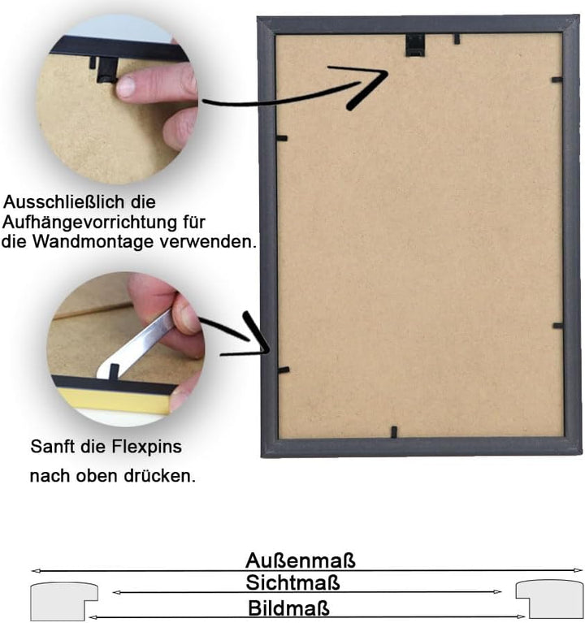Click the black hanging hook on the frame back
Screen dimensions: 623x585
(x=415, y=45)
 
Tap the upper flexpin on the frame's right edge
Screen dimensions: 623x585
(x=557, y=80)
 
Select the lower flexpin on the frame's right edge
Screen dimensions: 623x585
(x=557, y=326)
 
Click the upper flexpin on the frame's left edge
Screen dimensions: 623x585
(x=282, y=138)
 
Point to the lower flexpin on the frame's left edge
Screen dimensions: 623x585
(x=283, y=370)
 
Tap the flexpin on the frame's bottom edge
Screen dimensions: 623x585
(x=393, y=432)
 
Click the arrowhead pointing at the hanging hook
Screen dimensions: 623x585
(x=370, y=84)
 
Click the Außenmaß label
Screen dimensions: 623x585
(x=300, y=560)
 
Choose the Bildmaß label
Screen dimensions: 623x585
(x=289, y=608)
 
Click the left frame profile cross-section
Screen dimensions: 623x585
(x=61, y=601)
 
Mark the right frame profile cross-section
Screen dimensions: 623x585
(x=548, y=600)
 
